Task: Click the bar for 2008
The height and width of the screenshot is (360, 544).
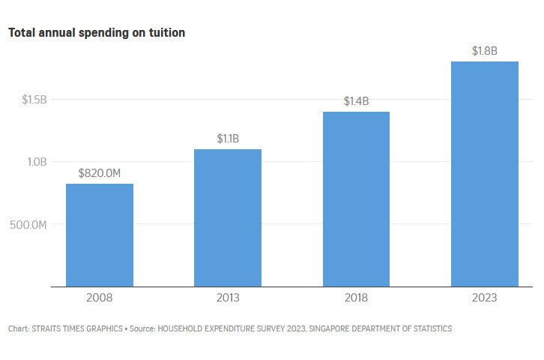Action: coord(100,235)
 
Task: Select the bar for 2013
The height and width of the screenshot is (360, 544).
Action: coord(228,217)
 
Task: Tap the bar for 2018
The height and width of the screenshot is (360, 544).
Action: coord(356,199)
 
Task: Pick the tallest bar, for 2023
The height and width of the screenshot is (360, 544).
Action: coord(485,173)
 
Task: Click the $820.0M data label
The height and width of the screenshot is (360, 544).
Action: coord(100,173)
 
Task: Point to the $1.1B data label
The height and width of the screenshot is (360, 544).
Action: coord(228,139)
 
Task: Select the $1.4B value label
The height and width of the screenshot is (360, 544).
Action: coord(356,101)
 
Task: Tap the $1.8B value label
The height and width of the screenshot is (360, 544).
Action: coord(485,51)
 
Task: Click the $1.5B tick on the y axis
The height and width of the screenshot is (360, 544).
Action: coord(34,100)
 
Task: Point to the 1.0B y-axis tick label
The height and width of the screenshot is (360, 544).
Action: coord(35,162)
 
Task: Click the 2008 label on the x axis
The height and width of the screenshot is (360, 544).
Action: coord(100,298)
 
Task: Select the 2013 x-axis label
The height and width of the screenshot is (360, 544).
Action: coord(228,298)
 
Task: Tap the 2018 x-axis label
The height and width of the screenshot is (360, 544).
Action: coord(356,298)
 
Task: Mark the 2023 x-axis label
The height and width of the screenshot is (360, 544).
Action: coord(485,298)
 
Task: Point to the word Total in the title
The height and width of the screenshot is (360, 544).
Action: coord(22,33)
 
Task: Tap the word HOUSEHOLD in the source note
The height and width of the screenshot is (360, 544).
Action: coord(186,329)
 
